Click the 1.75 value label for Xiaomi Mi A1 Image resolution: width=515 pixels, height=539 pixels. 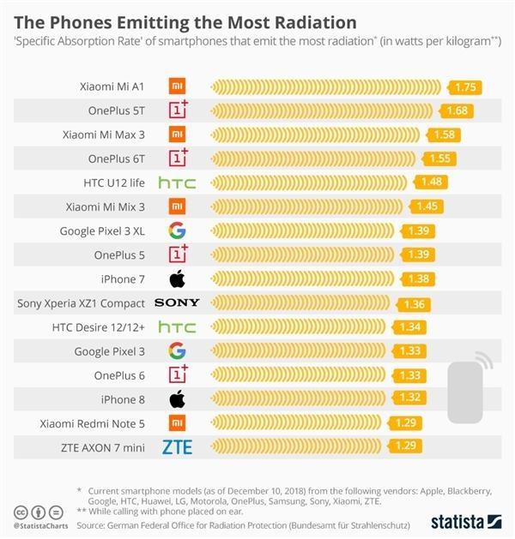pos(465,87)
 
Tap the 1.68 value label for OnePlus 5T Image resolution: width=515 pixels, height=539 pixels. pos(455,111)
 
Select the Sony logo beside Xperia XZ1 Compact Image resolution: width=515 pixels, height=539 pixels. pos(177,303)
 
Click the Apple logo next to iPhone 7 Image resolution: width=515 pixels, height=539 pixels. pos(177,278)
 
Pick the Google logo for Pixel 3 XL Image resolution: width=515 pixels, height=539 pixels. pos(177,231)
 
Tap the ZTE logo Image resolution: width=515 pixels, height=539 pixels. pos(177,447)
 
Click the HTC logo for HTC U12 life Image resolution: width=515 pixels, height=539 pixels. pos(177,183)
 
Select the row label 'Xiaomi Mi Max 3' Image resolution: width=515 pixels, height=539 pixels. pos(103,135)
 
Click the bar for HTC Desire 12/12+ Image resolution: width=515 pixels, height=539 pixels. pos(300,327)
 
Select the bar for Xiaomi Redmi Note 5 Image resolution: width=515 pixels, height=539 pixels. pos(296,423)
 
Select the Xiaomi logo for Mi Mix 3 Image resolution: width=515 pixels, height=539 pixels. pos(177,207)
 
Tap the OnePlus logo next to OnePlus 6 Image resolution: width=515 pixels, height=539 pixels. pos(177,374)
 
